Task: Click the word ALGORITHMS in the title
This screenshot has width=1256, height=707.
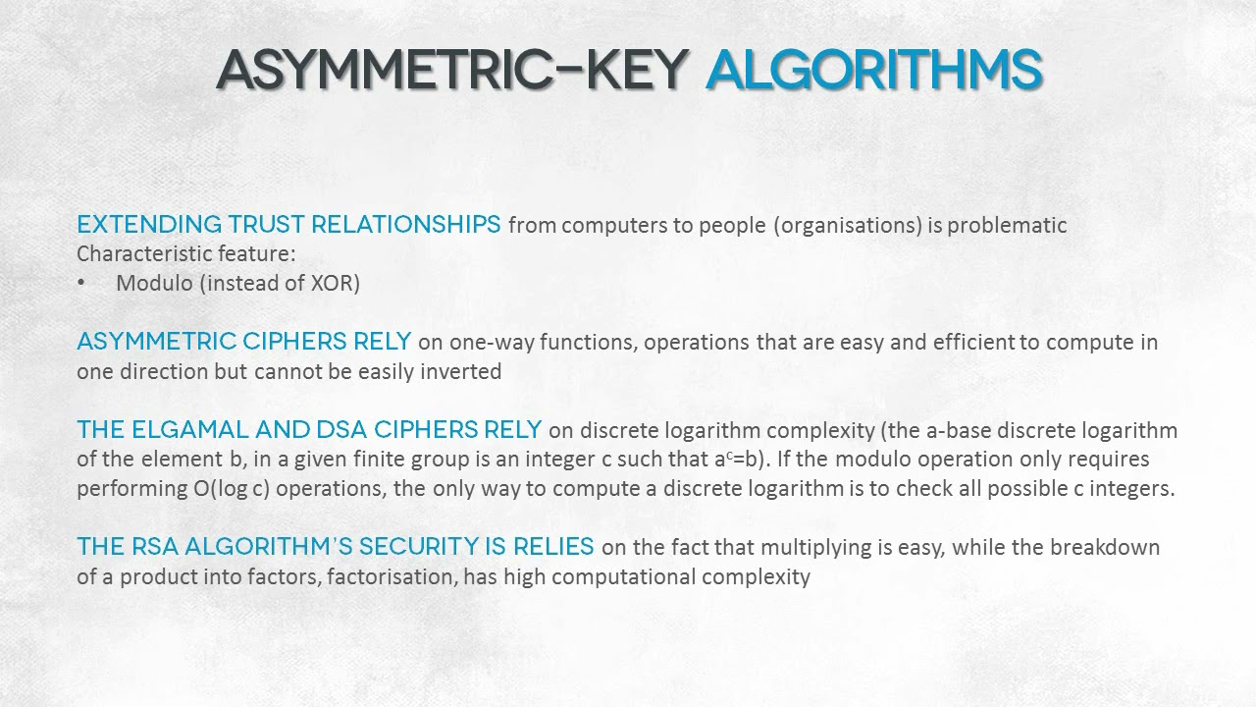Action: pyautogui.click(x=873, y=69)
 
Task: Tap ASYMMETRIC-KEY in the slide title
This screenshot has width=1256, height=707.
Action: pyautogui.click(x=452, y=69)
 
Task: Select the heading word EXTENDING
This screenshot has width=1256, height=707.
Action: pyautogui.click(x=149, y=225)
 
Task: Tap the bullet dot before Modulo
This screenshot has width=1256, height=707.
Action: pyautogui.click(x=81, y=284)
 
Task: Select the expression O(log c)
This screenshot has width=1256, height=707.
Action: pyautogui.click(x=232, y=489)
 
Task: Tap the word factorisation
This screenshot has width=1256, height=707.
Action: pyautogui.click(x=392, y=577)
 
